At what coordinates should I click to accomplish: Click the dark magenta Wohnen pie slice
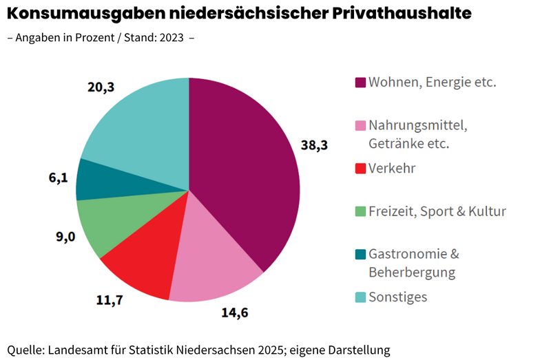[248, 172]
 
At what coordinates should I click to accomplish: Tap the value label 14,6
[235, 314]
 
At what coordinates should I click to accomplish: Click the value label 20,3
[101, 87]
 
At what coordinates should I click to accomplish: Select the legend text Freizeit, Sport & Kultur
[437, 211]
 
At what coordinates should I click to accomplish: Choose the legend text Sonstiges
[398, 297]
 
